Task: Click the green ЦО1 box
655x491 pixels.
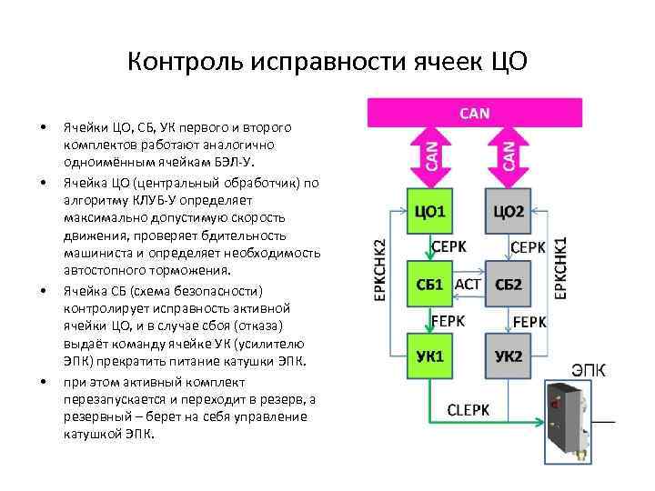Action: [x=429, y=213]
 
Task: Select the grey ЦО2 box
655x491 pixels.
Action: [x=509, y=213]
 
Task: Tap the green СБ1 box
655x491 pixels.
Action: [x=429, y=285]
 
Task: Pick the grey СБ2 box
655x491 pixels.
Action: [x=509, y=285]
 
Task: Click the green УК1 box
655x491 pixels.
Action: [x=429, y=355]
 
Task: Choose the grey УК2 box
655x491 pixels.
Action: [x=509, y=355]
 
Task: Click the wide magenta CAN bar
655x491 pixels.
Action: [x=474, y=113]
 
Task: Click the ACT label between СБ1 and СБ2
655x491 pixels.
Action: [x=468, y=284]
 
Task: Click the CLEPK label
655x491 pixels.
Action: [x=469, y=410]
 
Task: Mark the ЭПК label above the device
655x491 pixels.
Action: [x=589, y=370]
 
